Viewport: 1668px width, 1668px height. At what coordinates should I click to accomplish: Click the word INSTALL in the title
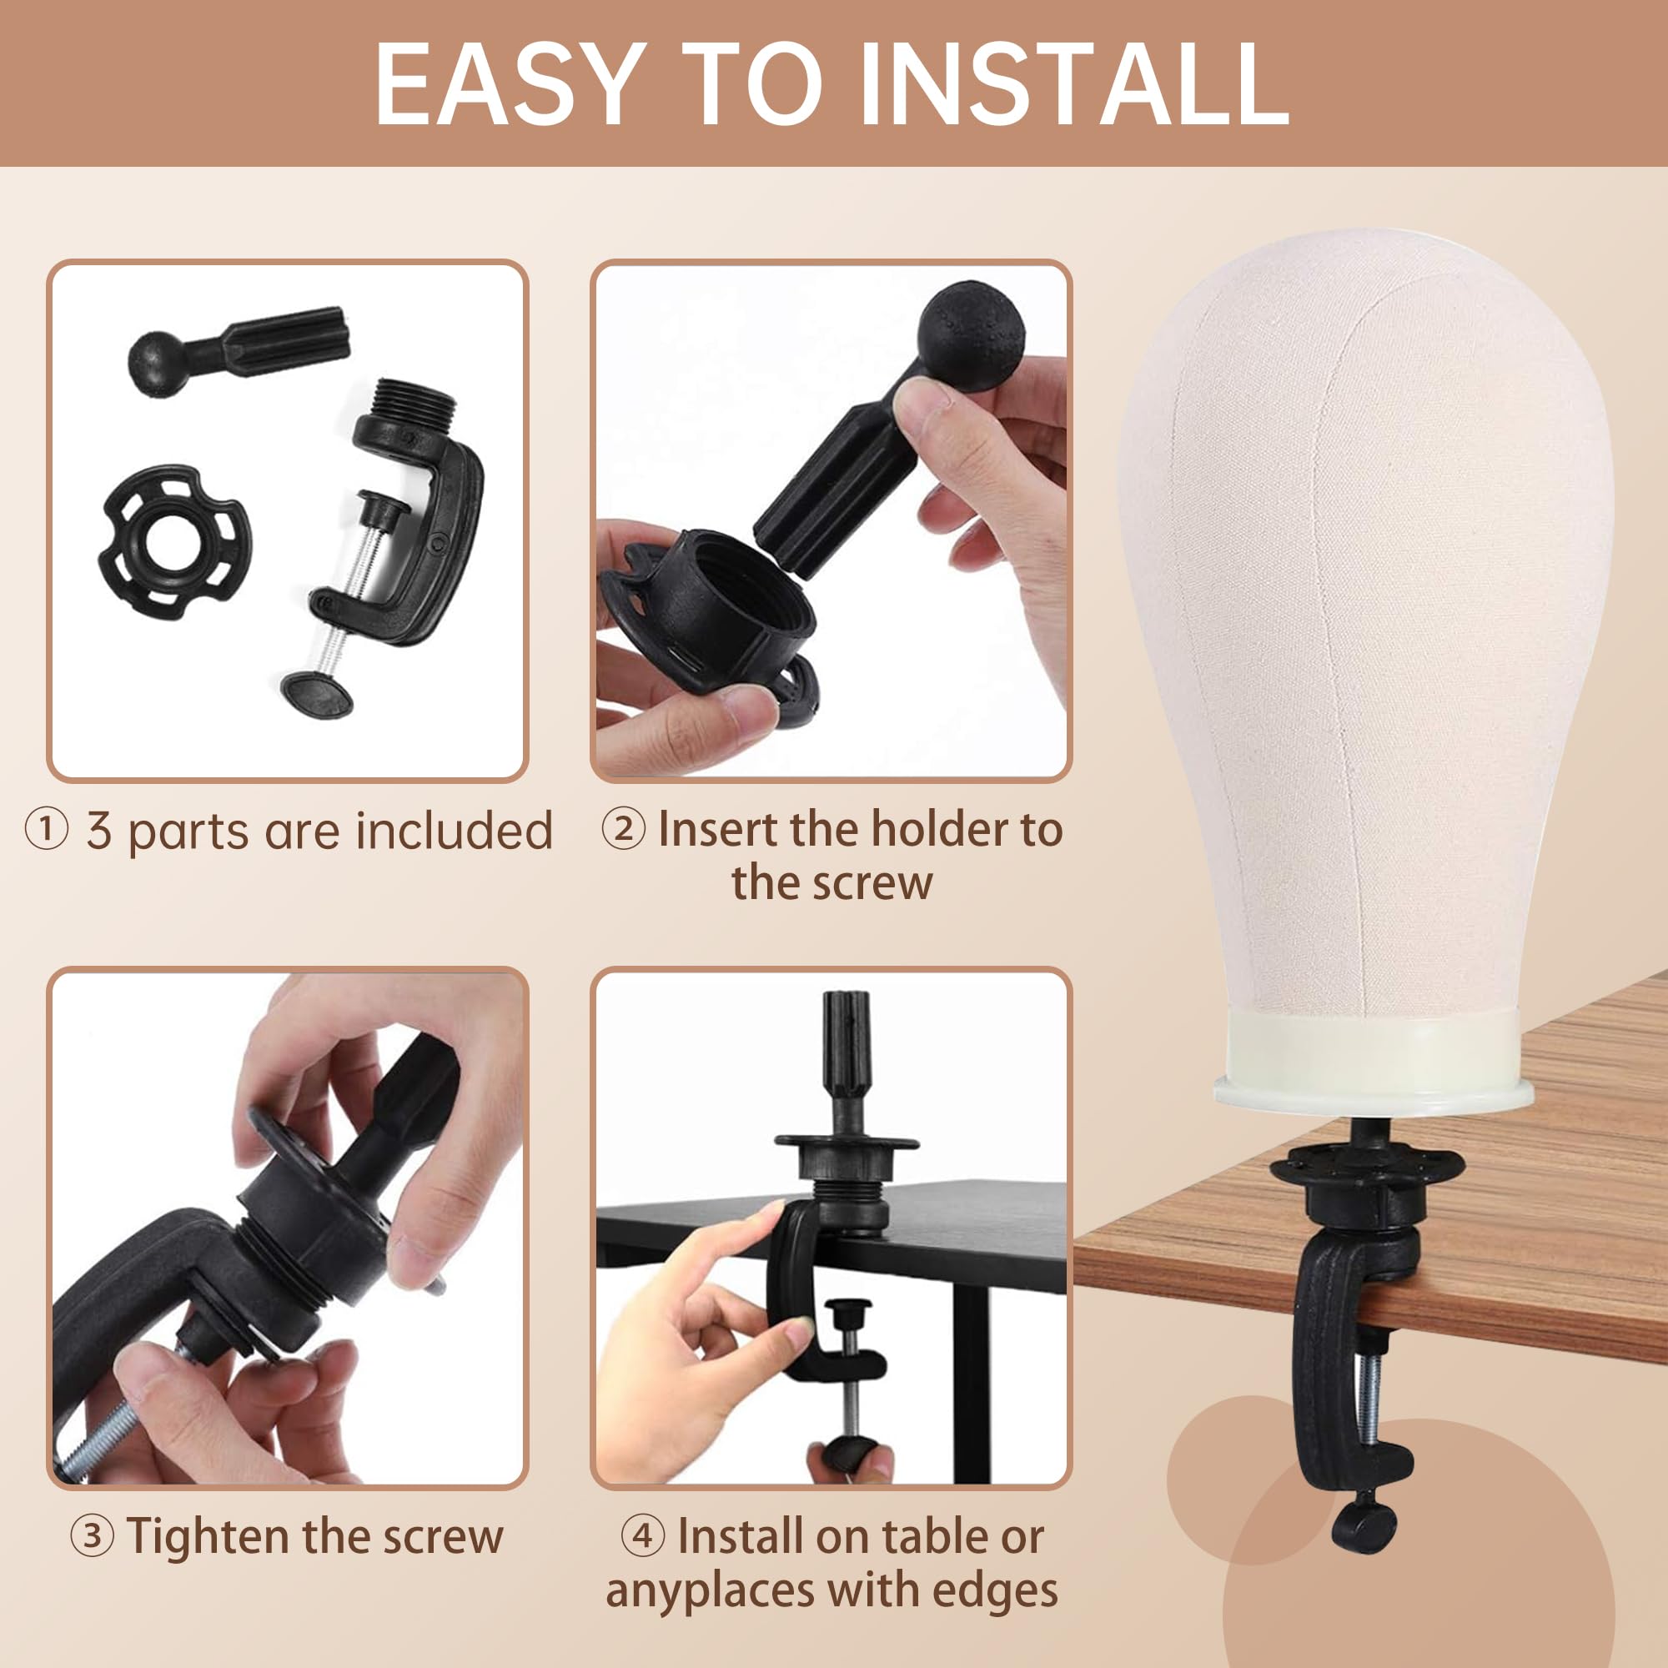pyautogui.click(x=1074, y=84)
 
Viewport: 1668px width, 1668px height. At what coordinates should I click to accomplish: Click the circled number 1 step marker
pyautogui.click(x=45, y=831)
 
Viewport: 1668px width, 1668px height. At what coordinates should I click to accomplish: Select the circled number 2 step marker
pyautogui.click(x=623, y=830)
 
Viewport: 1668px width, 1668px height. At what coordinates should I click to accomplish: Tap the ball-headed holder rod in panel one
pyautogui.click(x=239, y=345)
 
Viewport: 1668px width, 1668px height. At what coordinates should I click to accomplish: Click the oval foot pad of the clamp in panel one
pyautogui.click(x=318, y=693)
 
